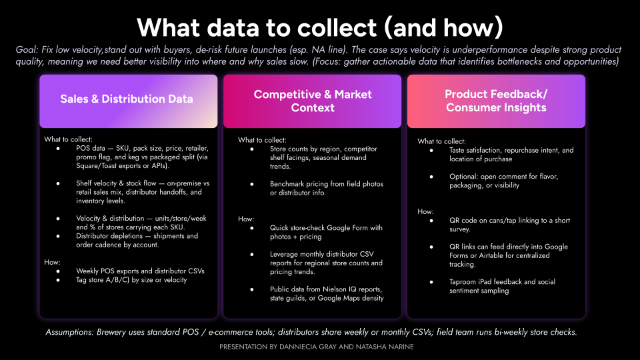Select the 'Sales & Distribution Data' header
(127, 99)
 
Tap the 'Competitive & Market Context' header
(313, 101)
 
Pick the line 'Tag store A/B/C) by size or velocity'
(131, 279)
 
